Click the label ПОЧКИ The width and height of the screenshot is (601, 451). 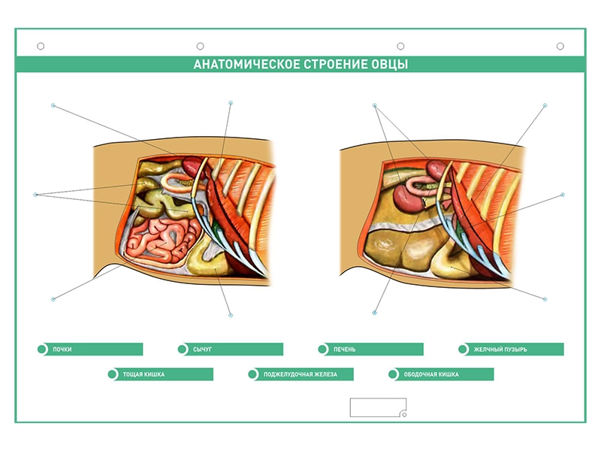coord(62,350)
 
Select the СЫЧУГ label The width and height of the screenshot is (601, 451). coord(202,350)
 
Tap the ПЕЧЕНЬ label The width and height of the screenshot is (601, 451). coord(344,350)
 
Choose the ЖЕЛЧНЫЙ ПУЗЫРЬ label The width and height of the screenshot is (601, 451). coord(500,350)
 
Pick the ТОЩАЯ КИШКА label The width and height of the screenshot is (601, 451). coord(143,374)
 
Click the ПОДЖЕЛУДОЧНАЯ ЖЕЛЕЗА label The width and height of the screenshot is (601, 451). coord(300,374)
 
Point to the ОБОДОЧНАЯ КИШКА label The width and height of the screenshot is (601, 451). coord(431,374)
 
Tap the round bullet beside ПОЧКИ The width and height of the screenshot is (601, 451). coord(42,350)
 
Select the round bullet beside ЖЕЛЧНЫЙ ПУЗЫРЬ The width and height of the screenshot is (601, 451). coord(463,350)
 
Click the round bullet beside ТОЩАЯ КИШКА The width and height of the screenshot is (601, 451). coord(112,374)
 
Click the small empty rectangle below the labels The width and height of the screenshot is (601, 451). coord(378,407)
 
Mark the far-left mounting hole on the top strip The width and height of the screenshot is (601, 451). coord(41,47)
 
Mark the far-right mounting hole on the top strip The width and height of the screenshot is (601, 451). coord(560,47)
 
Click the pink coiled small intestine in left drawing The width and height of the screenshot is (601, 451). coord(161,240)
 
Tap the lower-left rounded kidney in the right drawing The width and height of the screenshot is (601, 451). coord(407,196)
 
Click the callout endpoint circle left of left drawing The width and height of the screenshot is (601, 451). coord(35,195)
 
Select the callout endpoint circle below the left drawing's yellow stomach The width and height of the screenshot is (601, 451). coord(231,315)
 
